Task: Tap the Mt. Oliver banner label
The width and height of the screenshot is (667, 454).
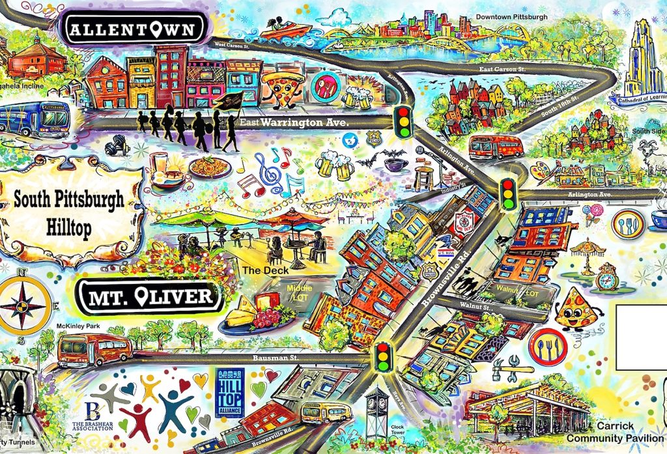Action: coord(150,298)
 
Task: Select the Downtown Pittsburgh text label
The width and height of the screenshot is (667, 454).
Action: coord(511,16)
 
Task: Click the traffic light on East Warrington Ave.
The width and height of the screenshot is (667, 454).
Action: coord(404,122)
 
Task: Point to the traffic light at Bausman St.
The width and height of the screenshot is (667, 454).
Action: coord(383,357)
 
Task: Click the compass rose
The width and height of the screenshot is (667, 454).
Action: coord(23,306)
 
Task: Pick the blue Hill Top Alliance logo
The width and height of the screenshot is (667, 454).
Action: coord(229,392)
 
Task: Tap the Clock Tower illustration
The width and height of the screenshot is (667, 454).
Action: coord(375,410)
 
